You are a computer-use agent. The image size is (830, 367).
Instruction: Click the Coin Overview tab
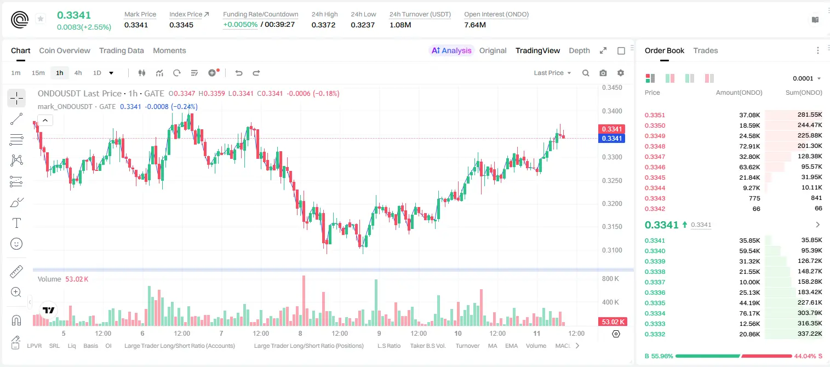click(65, 50)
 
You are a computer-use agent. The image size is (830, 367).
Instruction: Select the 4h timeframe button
click(78, 73)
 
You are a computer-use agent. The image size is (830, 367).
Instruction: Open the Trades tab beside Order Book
click(706, 50)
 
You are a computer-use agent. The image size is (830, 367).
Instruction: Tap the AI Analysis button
click(451, 50)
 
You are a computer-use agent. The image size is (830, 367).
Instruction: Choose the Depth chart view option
click(579, 50)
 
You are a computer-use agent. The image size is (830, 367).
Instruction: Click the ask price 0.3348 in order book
click(655, 146)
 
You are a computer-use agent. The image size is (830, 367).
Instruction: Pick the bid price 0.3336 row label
click(655, 293)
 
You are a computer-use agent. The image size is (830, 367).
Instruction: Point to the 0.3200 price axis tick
click(612, 204)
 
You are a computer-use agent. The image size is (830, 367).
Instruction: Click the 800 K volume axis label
click(610, 278)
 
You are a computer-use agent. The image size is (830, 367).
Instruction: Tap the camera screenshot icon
click(603, 73)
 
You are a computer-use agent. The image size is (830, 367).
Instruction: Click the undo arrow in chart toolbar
click(239, 73)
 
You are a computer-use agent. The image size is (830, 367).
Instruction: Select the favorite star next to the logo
click(41, 19)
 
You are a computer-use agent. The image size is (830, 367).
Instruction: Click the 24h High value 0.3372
click(323, 25)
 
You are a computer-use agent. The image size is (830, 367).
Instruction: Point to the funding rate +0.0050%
click(240, 25)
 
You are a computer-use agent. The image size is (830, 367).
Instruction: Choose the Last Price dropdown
click(552, 73)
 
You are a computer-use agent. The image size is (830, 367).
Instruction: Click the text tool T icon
click(16, 223)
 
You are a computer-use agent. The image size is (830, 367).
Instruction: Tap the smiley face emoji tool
click(16, 244)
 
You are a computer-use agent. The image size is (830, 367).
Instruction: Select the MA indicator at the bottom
click(493, 346)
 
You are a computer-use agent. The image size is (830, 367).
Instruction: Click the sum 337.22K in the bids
click(809, 334)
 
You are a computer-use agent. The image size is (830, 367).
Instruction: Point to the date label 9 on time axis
click(379, 333)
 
